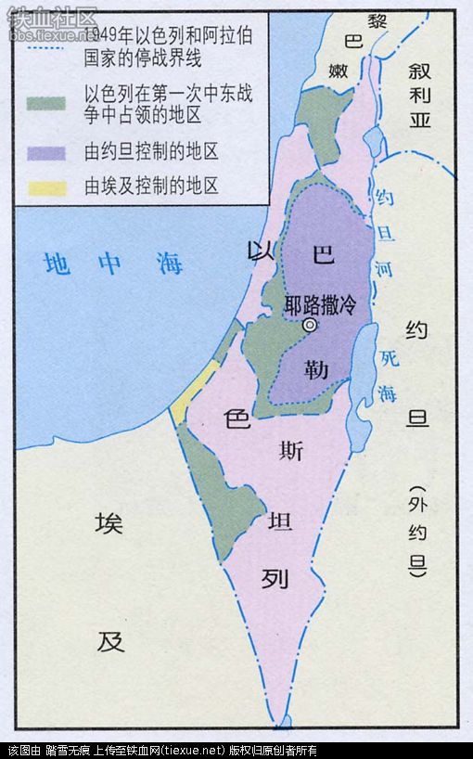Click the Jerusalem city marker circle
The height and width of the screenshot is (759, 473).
point(310,325)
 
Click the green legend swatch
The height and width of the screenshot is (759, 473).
point(47,102)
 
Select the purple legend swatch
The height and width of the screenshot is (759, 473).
point(47,152)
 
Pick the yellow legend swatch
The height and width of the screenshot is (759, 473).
point(47,186)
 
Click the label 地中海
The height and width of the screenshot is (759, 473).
point(114,264)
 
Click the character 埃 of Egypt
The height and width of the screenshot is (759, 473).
point(109,524)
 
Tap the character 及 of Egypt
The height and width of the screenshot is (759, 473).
point(111,640)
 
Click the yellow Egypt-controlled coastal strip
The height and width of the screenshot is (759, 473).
point(195,390)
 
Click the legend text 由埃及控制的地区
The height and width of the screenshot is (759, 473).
point(151,186)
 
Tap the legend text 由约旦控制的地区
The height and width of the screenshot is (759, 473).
point(151,152)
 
